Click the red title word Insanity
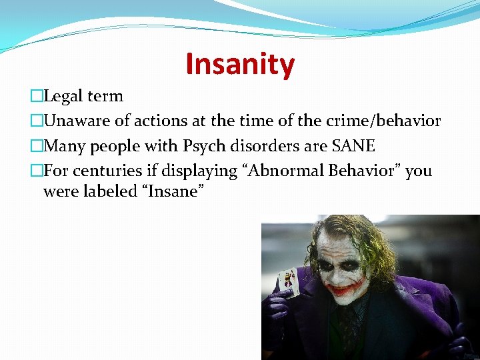[x=239, y=64]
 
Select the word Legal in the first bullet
[x=63, y=96]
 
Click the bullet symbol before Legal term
[x=36, y=97]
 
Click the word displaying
[x=201, y=171]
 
